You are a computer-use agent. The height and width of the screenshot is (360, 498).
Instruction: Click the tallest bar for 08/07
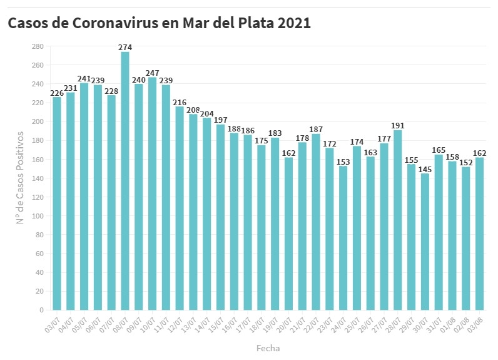tap(125, 181)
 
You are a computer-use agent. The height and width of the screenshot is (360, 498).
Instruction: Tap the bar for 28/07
tap(397, 220)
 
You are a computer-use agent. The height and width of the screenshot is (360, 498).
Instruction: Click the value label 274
tap(125, 47)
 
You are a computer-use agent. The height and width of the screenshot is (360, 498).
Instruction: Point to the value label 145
tap(425, 169)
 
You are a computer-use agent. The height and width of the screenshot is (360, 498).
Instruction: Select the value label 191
tap(397, 125)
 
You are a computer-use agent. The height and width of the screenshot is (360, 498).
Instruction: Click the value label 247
tap(152, 73)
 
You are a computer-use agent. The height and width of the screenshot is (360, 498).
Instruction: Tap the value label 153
tap(343, 162)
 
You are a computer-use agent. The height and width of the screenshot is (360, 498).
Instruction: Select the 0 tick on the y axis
tap(41, 310)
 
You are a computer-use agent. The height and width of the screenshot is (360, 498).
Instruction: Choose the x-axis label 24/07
tap(338, 322)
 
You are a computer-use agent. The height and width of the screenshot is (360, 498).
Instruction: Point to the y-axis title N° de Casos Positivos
tap(20, 177)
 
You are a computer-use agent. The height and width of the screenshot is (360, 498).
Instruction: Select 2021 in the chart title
tap(293, 23)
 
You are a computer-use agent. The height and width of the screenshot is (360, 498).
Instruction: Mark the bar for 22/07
tap(316, 222)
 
